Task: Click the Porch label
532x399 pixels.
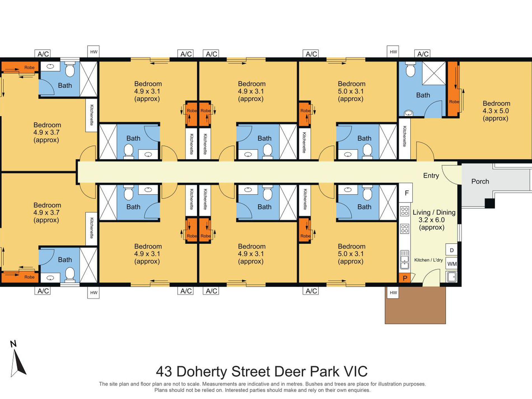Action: tap(480, 181)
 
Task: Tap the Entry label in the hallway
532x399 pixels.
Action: tap(431, 176)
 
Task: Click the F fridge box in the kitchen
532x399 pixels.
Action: tap(407, 193)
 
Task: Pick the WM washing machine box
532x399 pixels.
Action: tap(452, 264)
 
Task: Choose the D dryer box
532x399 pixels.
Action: tap(452, 250)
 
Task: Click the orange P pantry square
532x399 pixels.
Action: tap(405, 278)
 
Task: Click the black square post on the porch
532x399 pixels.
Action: tap(490, 203)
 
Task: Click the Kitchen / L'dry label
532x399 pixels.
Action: tap(428, 260)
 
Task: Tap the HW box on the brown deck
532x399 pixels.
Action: tap(393, 293)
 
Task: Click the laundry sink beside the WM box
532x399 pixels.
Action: tap(452, 277)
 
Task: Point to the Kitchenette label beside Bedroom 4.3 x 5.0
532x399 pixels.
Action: tap(404, 136)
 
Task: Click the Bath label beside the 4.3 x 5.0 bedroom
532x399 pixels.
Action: tap(423, 95)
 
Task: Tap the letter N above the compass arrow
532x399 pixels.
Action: tap(13, 344)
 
